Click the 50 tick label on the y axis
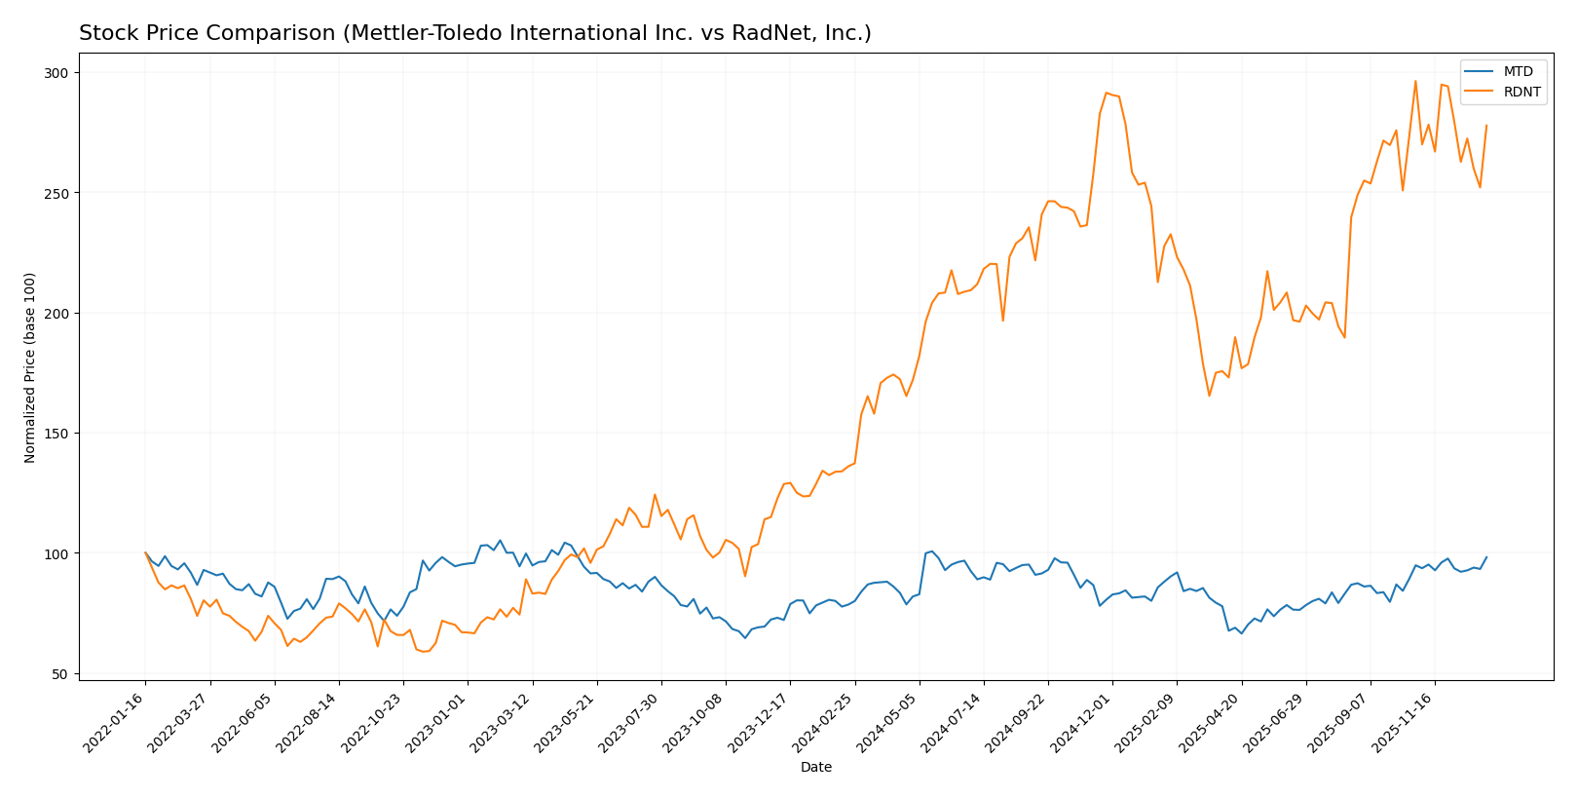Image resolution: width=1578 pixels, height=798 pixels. point(60,674)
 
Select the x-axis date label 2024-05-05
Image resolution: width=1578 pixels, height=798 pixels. point(889,722)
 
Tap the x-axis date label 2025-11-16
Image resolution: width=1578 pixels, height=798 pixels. point(1405,722)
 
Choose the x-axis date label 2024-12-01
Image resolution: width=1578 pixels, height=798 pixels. point(1082,722)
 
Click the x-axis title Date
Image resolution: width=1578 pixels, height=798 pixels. point(815,768)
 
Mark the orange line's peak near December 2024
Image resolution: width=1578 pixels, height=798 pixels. point(1106,93)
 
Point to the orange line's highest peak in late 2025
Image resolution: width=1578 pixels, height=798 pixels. point(1415,81)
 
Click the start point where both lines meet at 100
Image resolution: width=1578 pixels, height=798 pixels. point(146,553)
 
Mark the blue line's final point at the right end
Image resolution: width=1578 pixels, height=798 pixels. point(1486,557)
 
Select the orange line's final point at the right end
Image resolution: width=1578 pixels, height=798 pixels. point(1486,125)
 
